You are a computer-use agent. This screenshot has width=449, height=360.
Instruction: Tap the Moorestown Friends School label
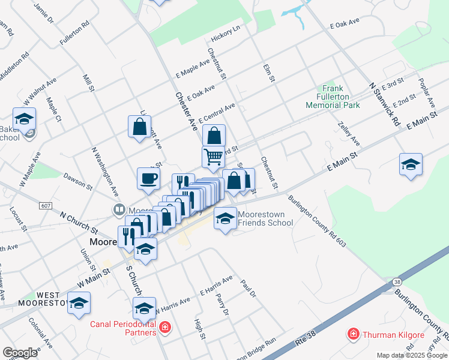265,218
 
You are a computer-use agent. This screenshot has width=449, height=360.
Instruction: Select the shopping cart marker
213,158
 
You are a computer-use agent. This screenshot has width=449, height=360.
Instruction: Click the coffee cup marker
149,178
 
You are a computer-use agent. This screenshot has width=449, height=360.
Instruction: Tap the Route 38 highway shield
397,281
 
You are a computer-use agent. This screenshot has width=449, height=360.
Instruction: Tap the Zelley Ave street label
349,133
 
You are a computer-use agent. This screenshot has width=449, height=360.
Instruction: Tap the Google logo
20,353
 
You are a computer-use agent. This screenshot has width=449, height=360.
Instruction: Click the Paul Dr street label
248,288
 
